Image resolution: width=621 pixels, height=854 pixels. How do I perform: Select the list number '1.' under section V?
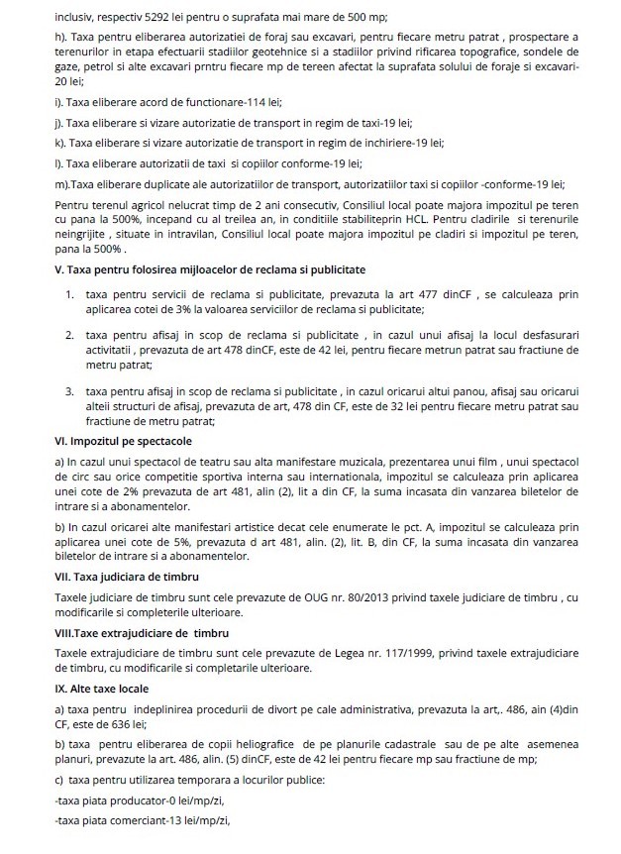click(71, 296)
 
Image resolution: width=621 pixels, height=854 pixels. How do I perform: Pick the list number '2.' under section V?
click(71, 337)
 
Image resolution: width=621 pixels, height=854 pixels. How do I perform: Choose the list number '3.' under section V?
click(71, 392)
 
